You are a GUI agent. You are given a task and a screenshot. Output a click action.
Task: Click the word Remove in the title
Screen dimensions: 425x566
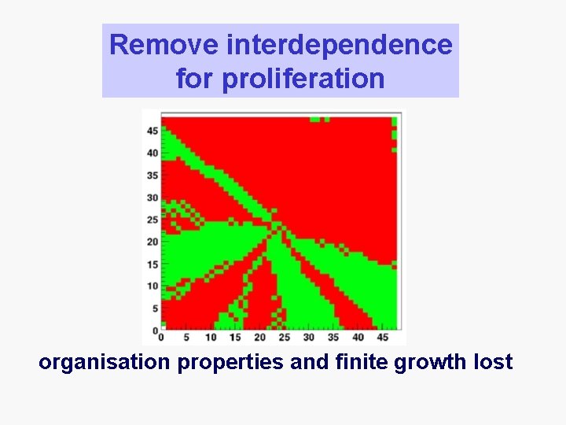(x=164, y=45)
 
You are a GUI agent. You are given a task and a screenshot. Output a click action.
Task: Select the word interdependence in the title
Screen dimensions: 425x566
(x=339, y=45)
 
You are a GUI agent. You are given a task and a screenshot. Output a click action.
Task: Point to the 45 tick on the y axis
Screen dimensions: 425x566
(x=153, y=131)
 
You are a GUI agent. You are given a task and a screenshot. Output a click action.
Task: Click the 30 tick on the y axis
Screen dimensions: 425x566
(x=153, y=198)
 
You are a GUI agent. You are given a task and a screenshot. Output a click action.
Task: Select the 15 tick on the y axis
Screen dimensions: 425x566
(x=153, y=264)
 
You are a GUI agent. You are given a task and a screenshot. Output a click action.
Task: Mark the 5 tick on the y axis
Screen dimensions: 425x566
(x=155, y=308)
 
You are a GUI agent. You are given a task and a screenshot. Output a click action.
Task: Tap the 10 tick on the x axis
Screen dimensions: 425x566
(x=211, y=338)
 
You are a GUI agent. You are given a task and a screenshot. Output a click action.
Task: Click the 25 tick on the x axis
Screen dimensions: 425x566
(x=284, y=338)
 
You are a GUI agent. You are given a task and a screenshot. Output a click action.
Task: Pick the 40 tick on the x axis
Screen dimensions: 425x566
(x=358, y=338)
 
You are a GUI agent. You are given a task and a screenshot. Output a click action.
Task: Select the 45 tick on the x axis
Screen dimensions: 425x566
(x=382, y=338)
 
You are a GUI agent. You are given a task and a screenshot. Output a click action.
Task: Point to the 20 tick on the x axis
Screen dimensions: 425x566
(x=259, y=338)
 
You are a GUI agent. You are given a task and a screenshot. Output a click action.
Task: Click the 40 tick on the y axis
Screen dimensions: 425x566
(x=153, y=153)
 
